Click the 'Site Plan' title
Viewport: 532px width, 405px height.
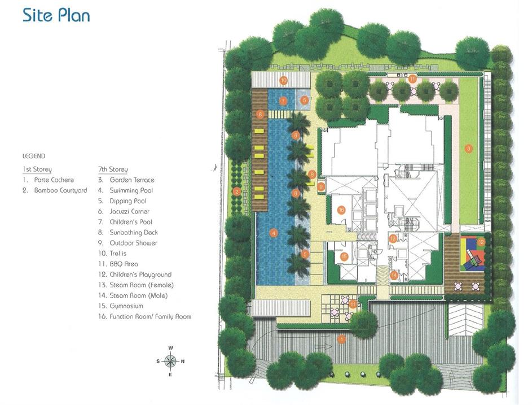tap(56, 15)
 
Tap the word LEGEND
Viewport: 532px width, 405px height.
tap(34, 156)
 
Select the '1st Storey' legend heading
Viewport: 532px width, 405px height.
tap(37, 169)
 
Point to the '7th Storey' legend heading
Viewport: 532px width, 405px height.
tap(113, 169)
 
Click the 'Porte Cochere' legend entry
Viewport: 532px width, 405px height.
tap(54, 180)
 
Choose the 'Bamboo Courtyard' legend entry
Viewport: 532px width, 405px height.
tap(60, 190)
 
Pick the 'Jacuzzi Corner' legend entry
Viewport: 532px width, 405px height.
tap(129, 211)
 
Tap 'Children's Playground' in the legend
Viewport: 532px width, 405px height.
tap(140, 275)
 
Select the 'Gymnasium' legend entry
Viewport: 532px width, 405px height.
tap(126, 306)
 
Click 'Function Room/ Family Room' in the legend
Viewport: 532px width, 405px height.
tap(150, 317)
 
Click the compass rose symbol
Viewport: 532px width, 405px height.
tap(171, 361)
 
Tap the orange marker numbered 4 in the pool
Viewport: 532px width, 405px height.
tap(273, 233)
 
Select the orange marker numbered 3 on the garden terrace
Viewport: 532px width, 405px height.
tap(469, 149)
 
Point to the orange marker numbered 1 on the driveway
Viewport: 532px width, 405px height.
tap(342, 339)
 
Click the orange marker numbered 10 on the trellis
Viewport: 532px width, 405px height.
tap(283, 81)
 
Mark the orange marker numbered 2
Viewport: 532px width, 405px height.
tap(237, 192)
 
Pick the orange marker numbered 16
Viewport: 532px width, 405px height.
tap(341, 210)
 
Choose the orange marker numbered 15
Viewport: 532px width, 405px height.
tap(344, 256)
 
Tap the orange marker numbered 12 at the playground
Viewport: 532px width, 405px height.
tap(481, 242)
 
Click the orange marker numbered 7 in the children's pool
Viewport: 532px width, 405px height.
tap(283, 101)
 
